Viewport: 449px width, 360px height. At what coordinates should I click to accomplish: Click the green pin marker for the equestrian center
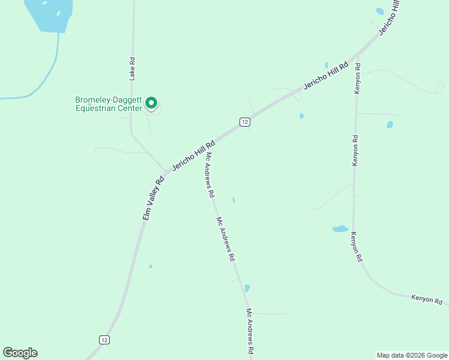[152, 104]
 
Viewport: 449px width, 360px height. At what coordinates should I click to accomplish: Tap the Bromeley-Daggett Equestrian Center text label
[109, 104]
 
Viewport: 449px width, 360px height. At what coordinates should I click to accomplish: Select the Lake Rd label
[132, 68]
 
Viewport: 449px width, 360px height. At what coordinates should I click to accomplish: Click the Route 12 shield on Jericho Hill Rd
[244, 122]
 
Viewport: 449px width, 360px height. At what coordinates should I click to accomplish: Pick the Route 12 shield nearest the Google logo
[104, 340]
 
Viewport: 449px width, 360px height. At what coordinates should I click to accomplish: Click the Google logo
[20, 353]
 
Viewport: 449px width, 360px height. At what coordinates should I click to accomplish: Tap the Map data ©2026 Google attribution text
[412, 355]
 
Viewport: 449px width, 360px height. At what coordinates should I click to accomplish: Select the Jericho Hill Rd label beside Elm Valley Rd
[193, 156]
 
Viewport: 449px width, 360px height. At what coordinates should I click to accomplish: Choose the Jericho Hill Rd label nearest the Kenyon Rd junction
[326, 76]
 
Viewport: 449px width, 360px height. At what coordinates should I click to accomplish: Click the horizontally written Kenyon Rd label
[427, 299]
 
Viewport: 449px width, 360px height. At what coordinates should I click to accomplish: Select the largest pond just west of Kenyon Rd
[340, 229]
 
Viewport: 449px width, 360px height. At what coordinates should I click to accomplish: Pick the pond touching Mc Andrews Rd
[247, 288]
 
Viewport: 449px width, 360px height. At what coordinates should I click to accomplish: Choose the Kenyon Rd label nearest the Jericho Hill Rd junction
[357, 78]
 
